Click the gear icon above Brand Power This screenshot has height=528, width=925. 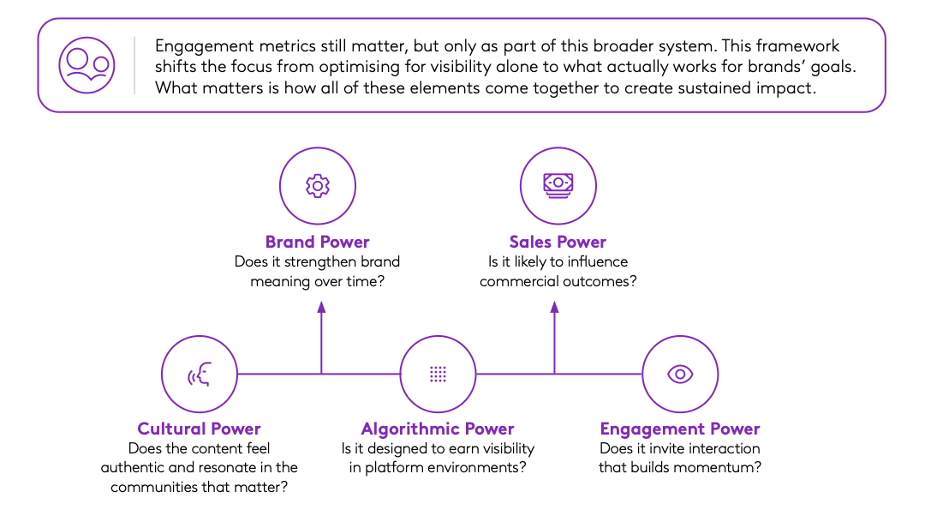[x=318, y=186]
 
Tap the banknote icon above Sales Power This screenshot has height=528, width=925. [x=558, y=185]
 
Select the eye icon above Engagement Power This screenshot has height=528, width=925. [x=679, y=374]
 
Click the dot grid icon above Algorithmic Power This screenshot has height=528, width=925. [x=438, y=374]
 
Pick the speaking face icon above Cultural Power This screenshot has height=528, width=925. [x=200, y=375]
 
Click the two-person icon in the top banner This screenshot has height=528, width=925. [x=87, y=65]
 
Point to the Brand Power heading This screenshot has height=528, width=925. [x=318, y=242]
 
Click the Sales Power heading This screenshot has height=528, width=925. [x=558, y=242]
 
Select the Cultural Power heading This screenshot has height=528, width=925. [x=199, y=429]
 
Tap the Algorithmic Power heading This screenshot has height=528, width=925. [x=438, y=429]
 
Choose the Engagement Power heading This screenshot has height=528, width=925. [x=679, y=429]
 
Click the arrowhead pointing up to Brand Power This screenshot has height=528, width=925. [x=321, y=307]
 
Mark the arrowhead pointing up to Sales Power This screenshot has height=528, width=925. [x=554, y=307]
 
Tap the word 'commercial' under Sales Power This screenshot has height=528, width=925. [x=519, y=281]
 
